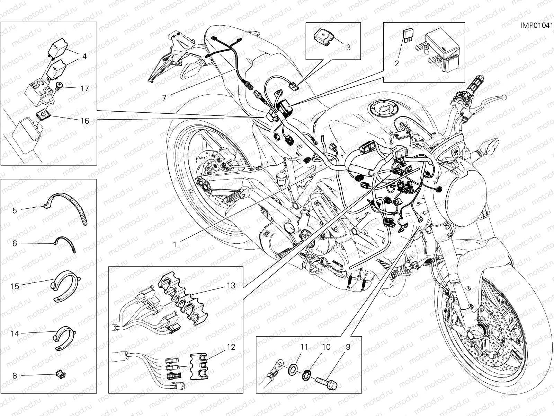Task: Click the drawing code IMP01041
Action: [536, 25]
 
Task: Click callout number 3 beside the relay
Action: [348, 47]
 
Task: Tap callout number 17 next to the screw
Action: [85, 88]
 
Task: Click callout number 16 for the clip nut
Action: [85, 121]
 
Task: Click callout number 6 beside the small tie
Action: [15, 244]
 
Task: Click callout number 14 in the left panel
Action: [15, 333]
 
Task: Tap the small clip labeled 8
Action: [60, 374]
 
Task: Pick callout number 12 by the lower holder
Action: [231, 347]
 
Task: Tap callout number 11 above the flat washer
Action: [304, 347]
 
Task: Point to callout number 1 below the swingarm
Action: [175, 244]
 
